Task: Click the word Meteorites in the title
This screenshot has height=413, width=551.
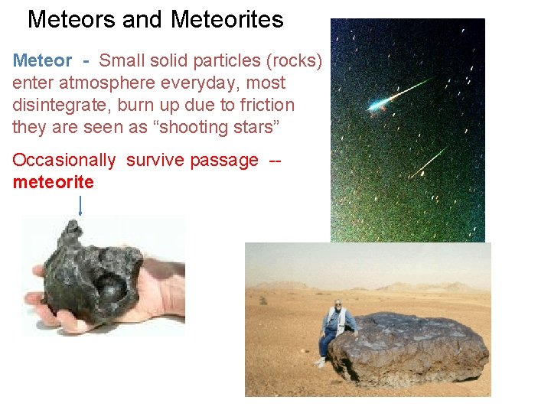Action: pos(227,19)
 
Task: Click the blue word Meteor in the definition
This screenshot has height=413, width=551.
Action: pos(42,60)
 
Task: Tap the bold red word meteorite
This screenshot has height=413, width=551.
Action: pos(53,182)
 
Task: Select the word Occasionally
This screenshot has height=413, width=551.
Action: pos(64,161)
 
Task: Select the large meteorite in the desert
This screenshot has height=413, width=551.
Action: pos(409,348)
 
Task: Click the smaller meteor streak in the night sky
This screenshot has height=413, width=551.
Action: pos(429,161)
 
